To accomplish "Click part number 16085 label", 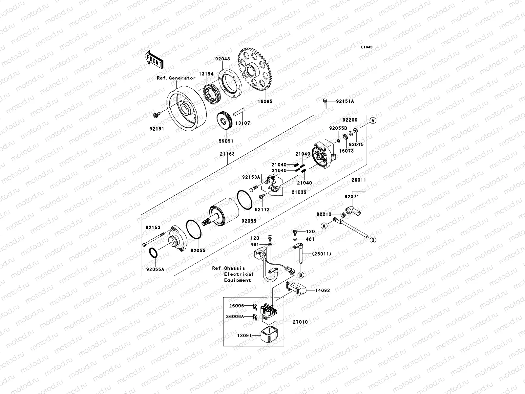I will [x=264, y=101].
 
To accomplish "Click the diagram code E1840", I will [x=367, y=47].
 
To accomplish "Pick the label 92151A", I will [x=345, y=101].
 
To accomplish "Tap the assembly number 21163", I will [x=228, y=154].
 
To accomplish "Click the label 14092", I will [x=323, y=291].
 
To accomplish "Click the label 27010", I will [x=301, y=322].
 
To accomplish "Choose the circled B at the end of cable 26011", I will [x=373, y=240].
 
